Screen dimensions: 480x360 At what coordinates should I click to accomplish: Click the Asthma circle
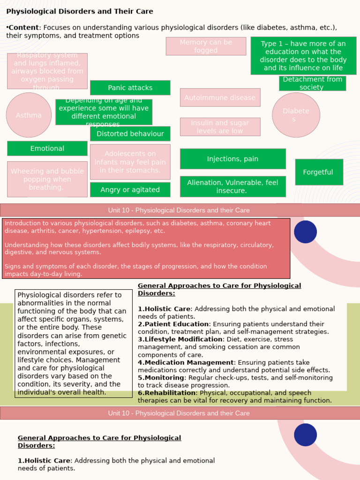pyautogui.click(x=29, y=115)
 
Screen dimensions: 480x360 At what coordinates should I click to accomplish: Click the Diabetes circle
pyautogui.click(x=296, y=115)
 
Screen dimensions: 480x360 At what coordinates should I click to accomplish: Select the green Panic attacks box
pyautogui.click(x=130, y=88)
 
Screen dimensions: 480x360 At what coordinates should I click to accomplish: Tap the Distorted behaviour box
pyautogui.click(x=130, y=134)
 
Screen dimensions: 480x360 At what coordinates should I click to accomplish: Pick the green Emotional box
pyautogui.click(x=47, y=148)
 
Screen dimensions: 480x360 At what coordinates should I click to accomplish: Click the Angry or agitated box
pyautogui.click(x=130, y=189)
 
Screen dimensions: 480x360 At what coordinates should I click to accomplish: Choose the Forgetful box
pyautogui.click(x=319, y=172)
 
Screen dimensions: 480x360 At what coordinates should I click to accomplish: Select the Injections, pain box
pyautogui.click(x=232, y=159)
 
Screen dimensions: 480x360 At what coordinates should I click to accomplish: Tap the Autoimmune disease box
pyautogui.click(x=220, y=97)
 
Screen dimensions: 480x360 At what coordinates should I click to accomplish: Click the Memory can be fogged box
pyautogui.click(x=206, y=46)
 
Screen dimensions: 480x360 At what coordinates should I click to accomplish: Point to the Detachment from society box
pyautogui.click(x=312, y=83)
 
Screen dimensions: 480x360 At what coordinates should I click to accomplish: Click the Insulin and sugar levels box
pyautogui.click(x=220, y=127)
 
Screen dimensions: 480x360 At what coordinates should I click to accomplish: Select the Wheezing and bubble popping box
pyautogui.click(x=47, y=179)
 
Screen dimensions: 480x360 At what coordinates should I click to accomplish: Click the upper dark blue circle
pyautogui.click(x=305, y=232)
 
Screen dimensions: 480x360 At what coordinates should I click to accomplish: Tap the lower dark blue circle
pyautogui.click(x=305, y=435)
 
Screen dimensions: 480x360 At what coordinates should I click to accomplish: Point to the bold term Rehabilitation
pyautogui.click(x=170, y=393)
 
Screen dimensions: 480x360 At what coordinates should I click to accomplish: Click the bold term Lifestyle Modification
pyautogui.click(x=183, y=339)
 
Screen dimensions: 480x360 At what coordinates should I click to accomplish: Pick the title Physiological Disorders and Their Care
pyautogui.click(x=80, y=11)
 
